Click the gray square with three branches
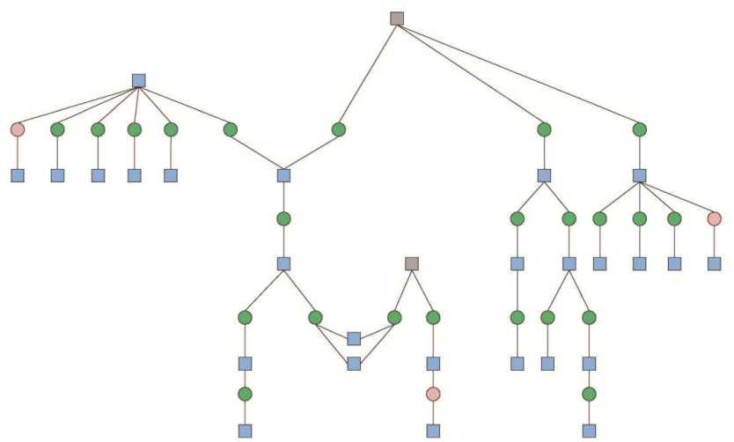tap(397, 18)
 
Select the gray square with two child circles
tap(411, 263)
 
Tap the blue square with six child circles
tap(138, 81)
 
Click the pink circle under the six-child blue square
tap(17, 129)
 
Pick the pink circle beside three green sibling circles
tap(714, 218)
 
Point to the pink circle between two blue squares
tap(433, 394)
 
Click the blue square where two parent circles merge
tap(283, 175)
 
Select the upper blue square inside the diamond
tap(354, 338)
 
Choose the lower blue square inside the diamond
tap(354, 363)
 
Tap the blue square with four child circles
tap(640, 175)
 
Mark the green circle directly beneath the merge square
tap(283, 218)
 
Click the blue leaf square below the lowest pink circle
tap(433, 431)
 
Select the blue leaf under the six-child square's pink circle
tap(17, 175)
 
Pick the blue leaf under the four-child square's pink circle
tap(714, 263)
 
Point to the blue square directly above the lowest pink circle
tap(433, 363)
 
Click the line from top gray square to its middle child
tap(470, 74)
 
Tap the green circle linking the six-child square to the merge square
tap(230, 129)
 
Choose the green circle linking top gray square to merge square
tap(338, 129)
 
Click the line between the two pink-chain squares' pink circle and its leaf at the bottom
tap(433, 413)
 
